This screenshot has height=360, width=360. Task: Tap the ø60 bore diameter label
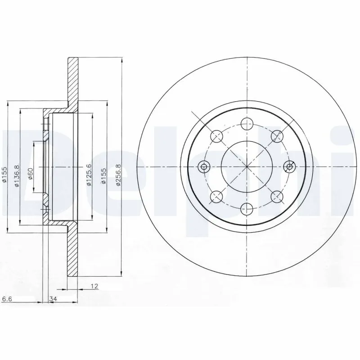30,173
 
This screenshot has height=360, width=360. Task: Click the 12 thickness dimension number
94,286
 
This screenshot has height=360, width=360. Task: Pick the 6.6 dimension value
7,298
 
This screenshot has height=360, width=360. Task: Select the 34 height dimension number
53,298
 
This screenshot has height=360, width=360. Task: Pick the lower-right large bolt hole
277,197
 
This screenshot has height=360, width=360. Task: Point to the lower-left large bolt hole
216,197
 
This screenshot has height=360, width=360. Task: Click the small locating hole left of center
204,167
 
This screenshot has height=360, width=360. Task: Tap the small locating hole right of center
289,167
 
